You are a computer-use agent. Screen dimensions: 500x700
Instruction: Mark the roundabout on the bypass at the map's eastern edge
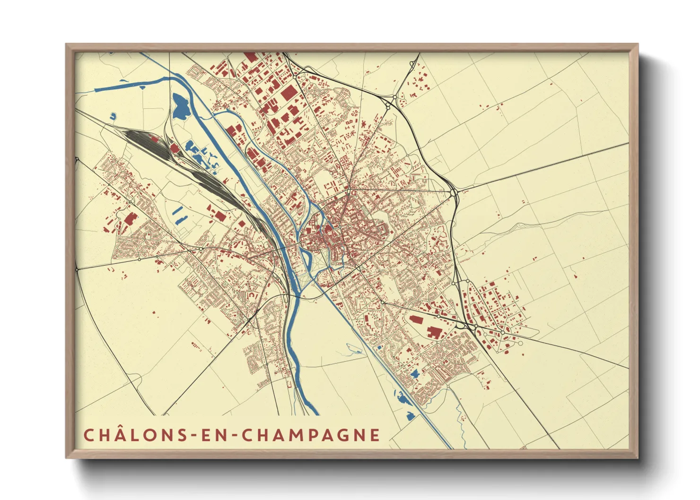coord(453,193)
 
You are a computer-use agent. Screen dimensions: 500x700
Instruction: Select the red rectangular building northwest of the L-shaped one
coord(416,319)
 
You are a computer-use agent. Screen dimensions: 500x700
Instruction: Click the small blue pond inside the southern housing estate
coord(415,374)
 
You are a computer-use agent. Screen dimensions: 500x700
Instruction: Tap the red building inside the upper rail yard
coord(174,148)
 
